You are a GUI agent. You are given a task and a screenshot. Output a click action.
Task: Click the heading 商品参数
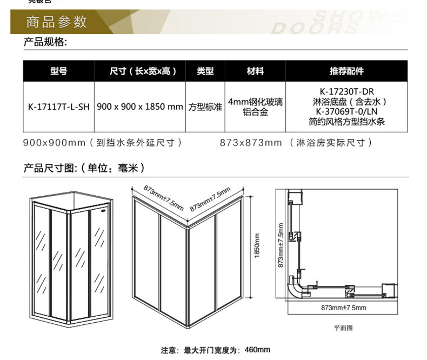56,22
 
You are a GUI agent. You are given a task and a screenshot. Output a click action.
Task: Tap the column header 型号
58,71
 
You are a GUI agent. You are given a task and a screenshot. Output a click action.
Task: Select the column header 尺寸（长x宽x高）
139,71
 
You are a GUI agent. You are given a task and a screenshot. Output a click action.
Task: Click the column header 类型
205,71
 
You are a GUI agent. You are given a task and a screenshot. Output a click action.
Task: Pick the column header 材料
255,71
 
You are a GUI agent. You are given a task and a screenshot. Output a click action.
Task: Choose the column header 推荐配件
346,71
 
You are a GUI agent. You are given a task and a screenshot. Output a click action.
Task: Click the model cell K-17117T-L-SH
58,107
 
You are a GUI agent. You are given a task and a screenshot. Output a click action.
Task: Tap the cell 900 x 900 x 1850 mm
140,107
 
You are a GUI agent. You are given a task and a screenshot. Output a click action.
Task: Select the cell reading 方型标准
205,107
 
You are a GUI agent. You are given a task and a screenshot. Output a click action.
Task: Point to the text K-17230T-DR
346,91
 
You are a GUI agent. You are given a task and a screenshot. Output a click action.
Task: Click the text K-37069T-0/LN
346,112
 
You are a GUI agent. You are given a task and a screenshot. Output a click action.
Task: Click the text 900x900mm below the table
54,143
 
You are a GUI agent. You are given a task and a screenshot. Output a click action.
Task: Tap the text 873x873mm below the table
251,143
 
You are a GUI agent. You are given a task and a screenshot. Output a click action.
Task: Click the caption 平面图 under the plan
343,328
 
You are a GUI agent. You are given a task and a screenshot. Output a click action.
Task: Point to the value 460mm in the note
258,350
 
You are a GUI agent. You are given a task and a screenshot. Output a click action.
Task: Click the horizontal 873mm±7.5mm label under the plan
343,308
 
